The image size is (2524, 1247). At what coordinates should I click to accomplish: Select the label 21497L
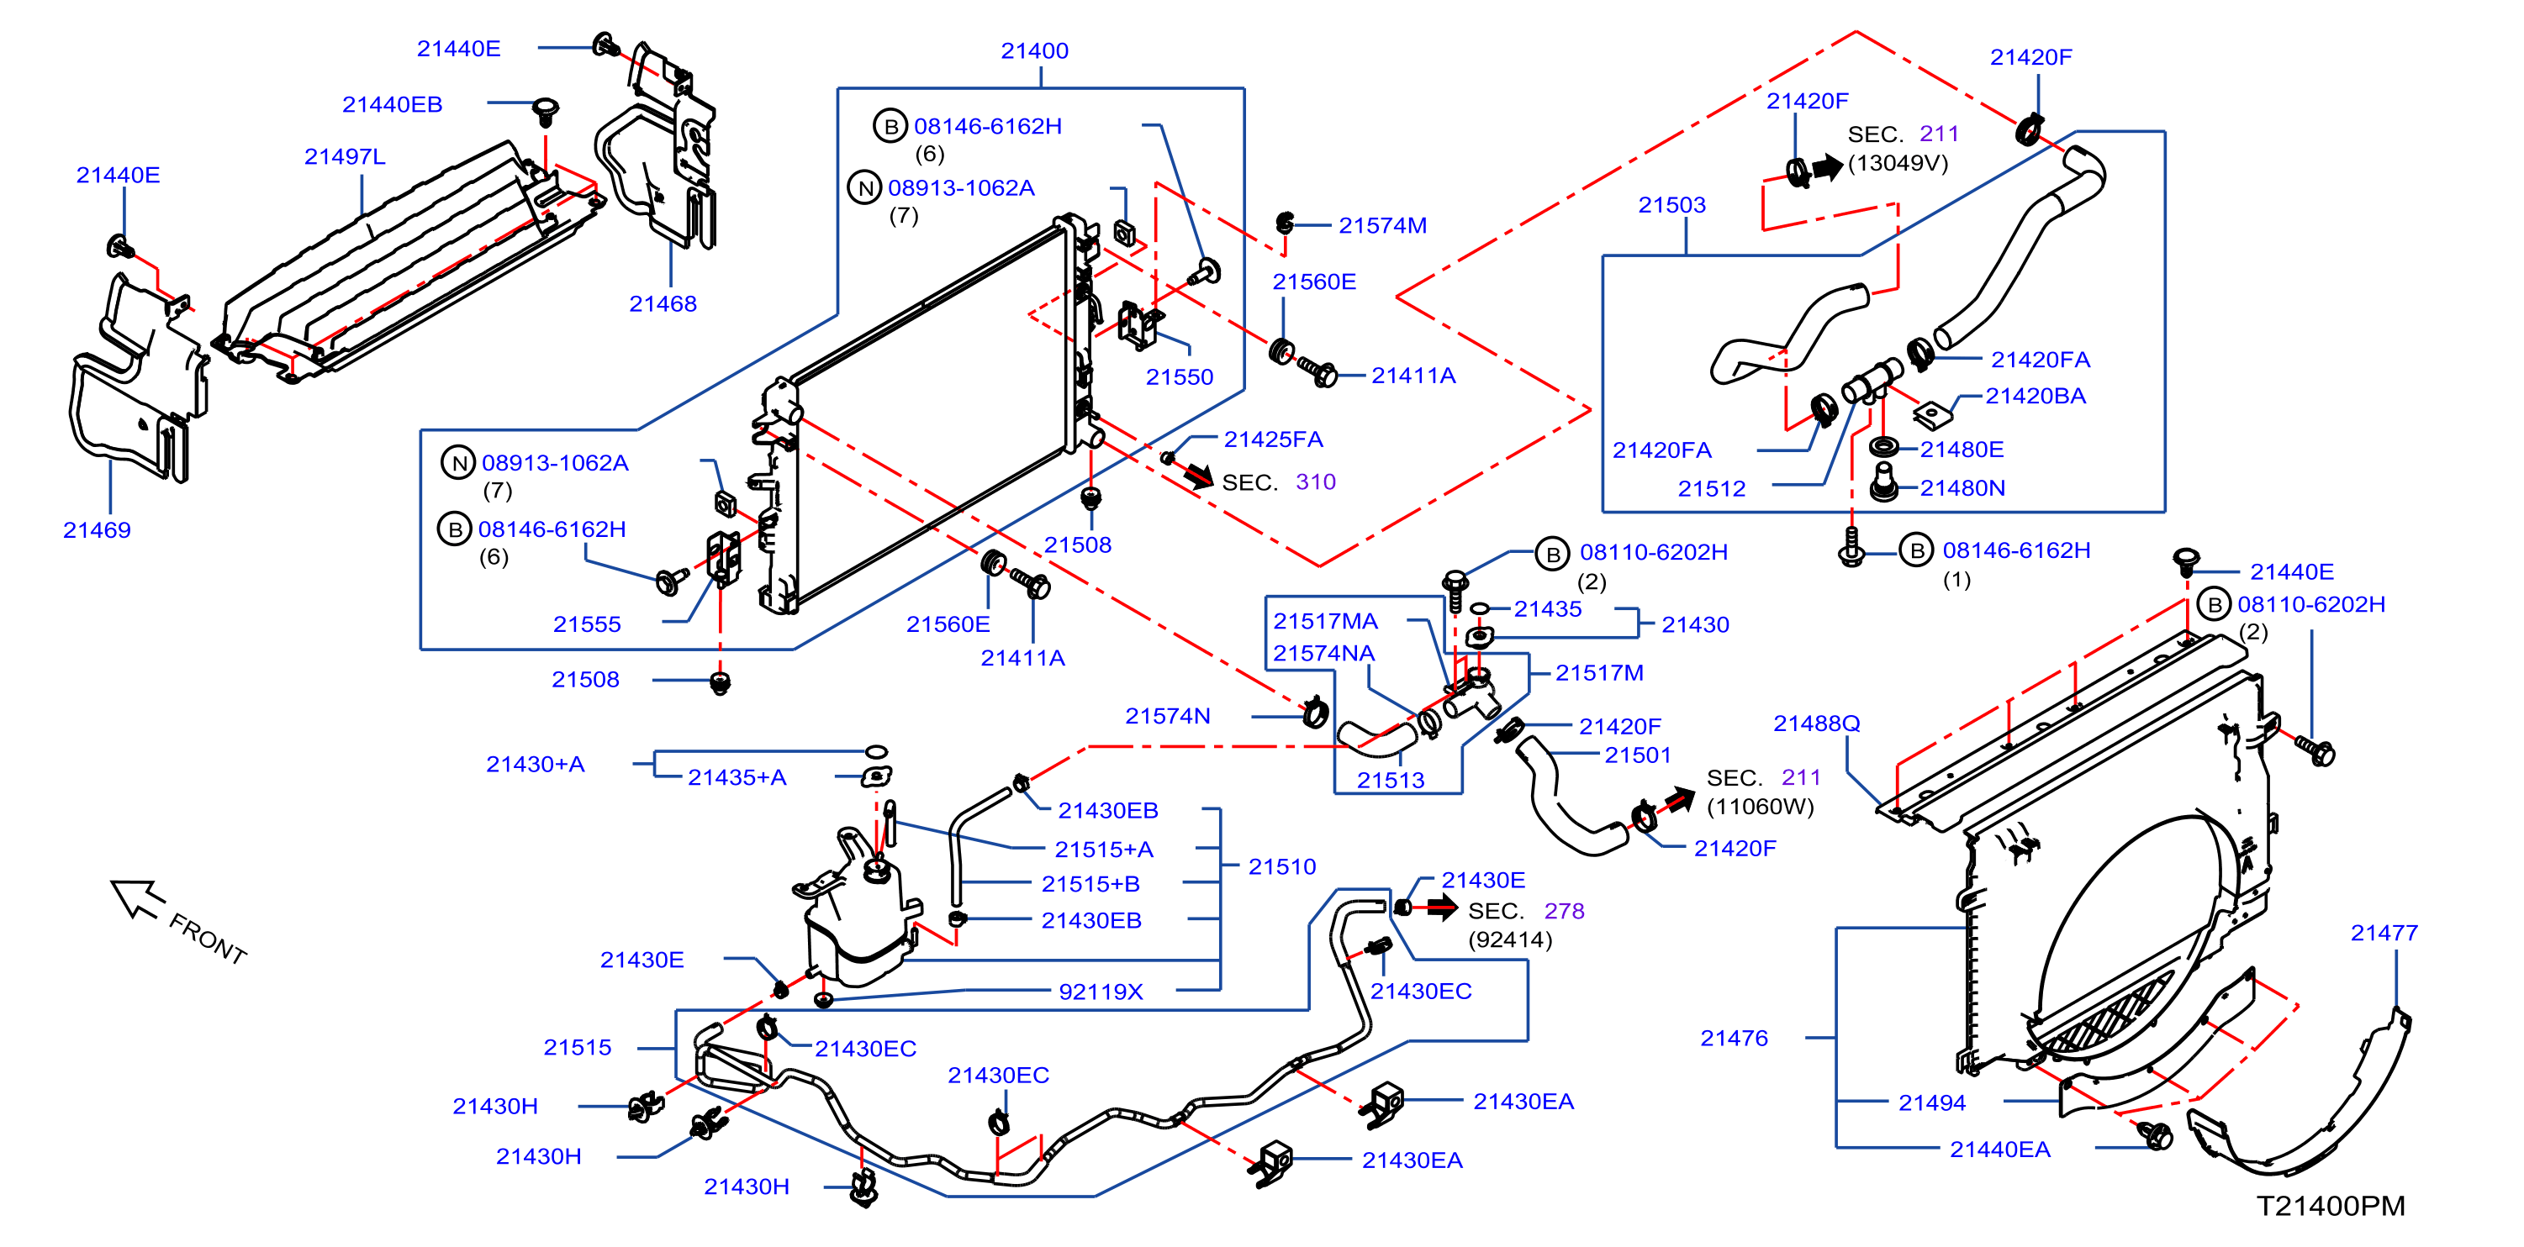[345, 157]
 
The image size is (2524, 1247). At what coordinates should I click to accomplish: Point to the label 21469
[97, 530]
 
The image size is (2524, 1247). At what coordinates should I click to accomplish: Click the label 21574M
[1382, 225]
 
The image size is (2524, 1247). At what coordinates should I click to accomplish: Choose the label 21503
[1671, 205]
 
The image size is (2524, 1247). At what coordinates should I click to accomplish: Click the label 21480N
[1962, 488]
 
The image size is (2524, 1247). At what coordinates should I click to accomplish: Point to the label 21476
[1734, 1039]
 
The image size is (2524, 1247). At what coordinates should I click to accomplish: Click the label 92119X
[1101, 992]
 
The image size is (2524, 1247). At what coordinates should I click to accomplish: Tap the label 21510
[1281, 867]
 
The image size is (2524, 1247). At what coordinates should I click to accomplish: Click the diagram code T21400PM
[2330, 1206]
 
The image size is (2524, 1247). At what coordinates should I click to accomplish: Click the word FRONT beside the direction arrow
[208, 939]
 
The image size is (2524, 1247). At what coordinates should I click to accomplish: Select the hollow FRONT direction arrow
[137, 898]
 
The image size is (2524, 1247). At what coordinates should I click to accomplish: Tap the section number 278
[1564, 911]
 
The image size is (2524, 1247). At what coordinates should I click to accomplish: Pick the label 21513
[1391, 780]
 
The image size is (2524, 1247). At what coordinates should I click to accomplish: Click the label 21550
[1179, 377]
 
